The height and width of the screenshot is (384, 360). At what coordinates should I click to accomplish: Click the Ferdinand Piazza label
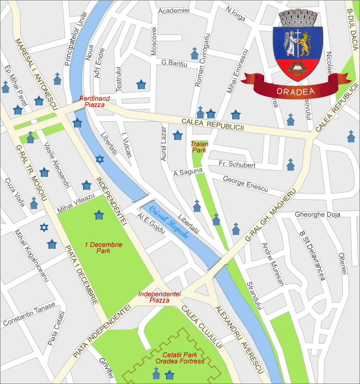(x=95, y=102)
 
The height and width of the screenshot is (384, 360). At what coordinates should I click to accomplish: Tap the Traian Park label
(x=199, y=147)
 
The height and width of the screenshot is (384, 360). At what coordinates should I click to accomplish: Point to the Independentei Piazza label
(x=154, y=297)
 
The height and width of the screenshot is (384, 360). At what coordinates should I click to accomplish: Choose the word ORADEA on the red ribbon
(x=295, y=92)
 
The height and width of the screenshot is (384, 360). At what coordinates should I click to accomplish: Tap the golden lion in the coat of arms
(x=305, y=46)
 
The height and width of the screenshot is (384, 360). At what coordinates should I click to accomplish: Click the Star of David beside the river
(x=99, y=159)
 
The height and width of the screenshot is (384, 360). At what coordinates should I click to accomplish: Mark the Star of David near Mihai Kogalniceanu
(x=44, y=227)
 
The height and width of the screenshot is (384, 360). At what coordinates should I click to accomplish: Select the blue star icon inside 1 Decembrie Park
(x=98, y=215)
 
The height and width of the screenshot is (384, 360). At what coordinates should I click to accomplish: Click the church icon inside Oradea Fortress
(x=156, y=372)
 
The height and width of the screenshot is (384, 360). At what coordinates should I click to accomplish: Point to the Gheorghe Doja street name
(x=317, y=214)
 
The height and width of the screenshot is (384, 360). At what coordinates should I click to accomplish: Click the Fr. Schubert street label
(x=237, y=165)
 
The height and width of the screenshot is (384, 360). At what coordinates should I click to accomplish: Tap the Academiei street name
(x=174, y=10)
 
